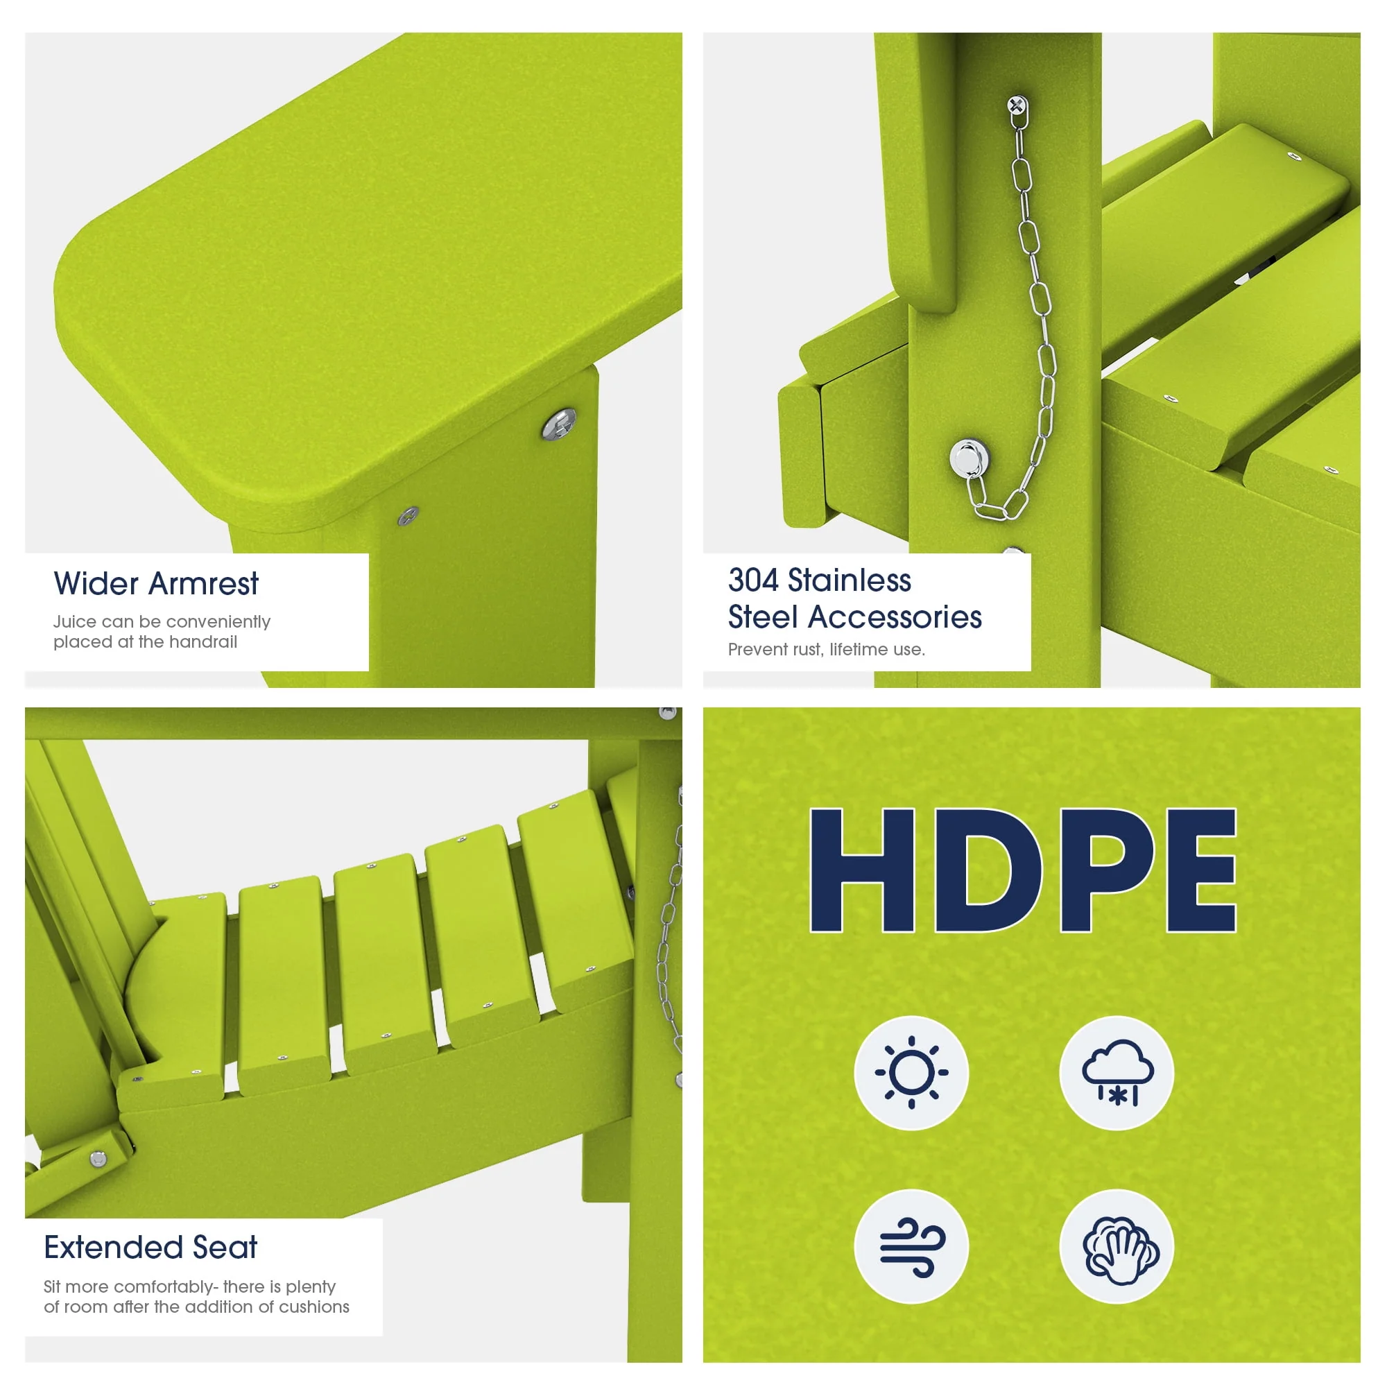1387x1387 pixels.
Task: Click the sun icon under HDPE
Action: tap(911, 1073)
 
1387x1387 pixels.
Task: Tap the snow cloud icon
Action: tap(1117, 1073)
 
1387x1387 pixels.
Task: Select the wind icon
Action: tap(912, 1248)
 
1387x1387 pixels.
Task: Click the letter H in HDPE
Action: tap(861, 870)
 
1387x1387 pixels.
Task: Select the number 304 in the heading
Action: tap(753, 580)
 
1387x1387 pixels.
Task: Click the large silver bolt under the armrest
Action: tap(558, 424)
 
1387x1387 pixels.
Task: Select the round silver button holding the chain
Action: tap(968, 457)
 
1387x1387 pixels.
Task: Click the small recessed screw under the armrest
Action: tap(408, 515)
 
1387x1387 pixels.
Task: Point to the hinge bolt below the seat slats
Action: tap(98, 1159)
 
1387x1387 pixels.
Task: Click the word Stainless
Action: tap(850, 580)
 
